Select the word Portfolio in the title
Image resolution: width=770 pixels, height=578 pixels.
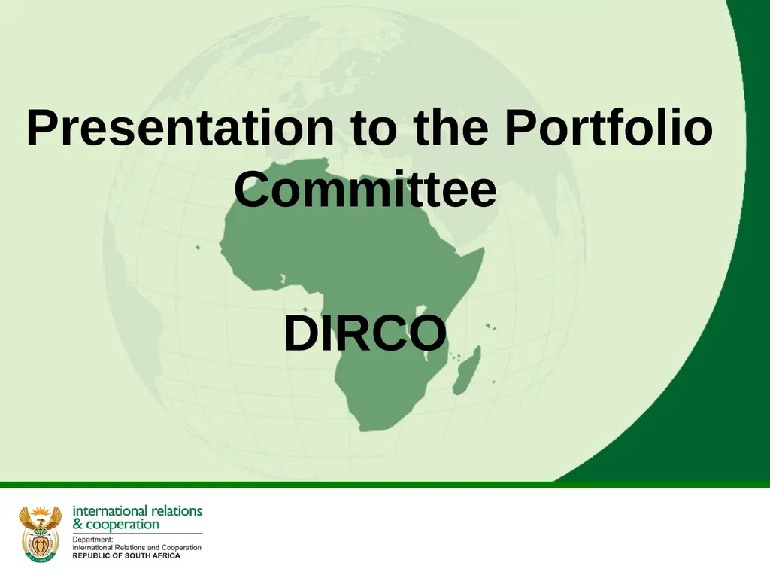tap(608, 129)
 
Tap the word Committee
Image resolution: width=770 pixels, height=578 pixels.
tap(365, 190)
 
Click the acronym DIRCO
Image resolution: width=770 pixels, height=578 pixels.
tap(365, 333)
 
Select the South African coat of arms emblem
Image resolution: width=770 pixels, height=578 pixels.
tap(40, 533)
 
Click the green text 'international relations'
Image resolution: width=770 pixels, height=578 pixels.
tap(137, 510)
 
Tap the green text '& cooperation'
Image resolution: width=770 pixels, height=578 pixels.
tap(116, 524)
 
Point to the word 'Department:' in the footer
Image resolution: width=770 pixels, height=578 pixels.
tap(92, 540)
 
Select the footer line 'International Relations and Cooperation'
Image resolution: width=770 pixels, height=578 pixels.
tap(136, 548)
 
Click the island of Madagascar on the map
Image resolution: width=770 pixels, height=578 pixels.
tap(466, 370)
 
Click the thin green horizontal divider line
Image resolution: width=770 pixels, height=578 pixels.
tap(385, 485)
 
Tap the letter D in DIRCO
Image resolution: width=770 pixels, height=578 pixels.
tap(299, 333)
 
